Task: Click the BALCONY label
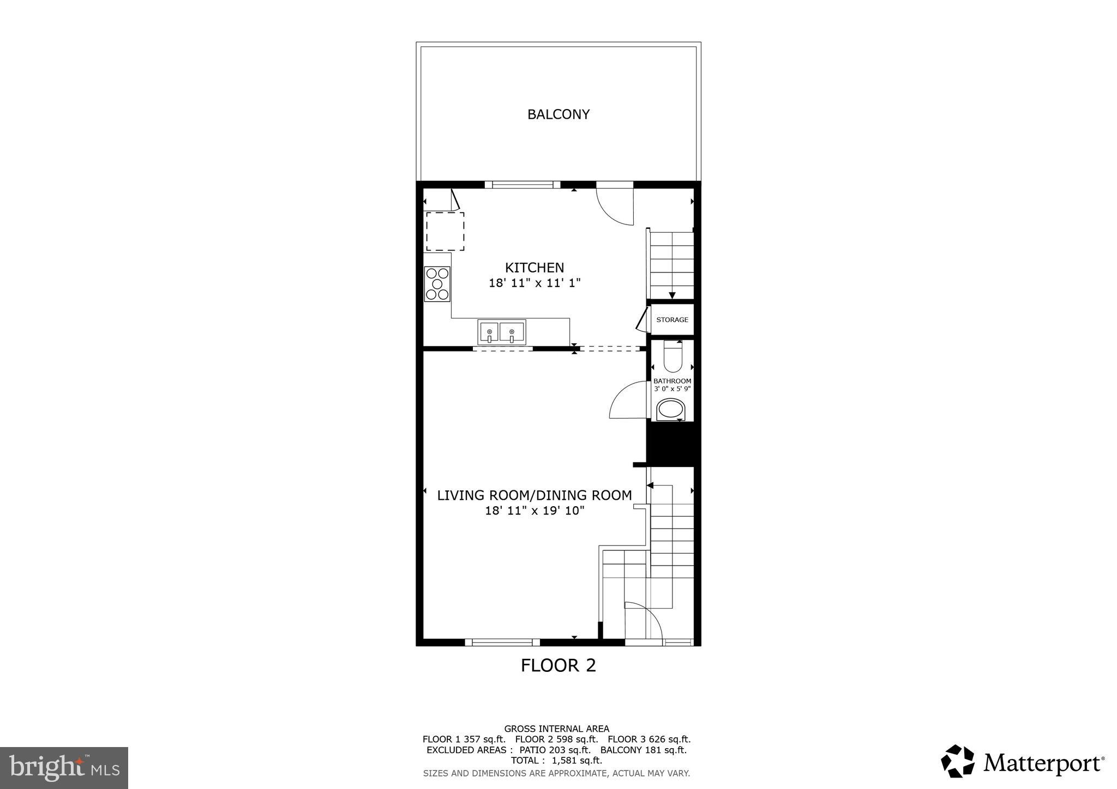click(x=558, y=114)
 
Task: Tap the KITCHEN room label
click(x=534, y=268)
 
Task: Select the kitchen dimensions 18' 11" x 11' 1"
click(x=534, y=283)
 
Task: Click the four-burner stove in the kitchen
click(x=437, y=284)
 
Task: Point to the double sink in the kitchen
click(x=501, y=332)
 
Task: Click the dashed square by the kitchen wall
click(x=445, y=232)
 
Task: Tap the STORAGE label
click(x=672, y=320)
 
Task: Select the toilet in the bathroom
click(x=672, y=357)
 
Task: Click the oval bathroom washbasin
click(x=671, y=410)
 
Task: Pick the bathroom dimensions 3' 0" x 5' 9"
click(x=672, y=389)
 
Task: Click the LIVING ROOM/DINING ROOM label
click(x=534, y=495)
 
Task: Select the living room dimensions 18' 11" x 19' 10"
click(x=534, y=511)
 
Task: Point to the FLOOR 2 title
click(x=558, y=665)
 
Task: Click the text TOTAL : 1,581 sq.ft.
click(x=556, y=760)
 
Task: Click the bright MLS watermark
click(x=64, y=768)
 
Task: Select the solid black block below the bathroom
click(x=672, y=444)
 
